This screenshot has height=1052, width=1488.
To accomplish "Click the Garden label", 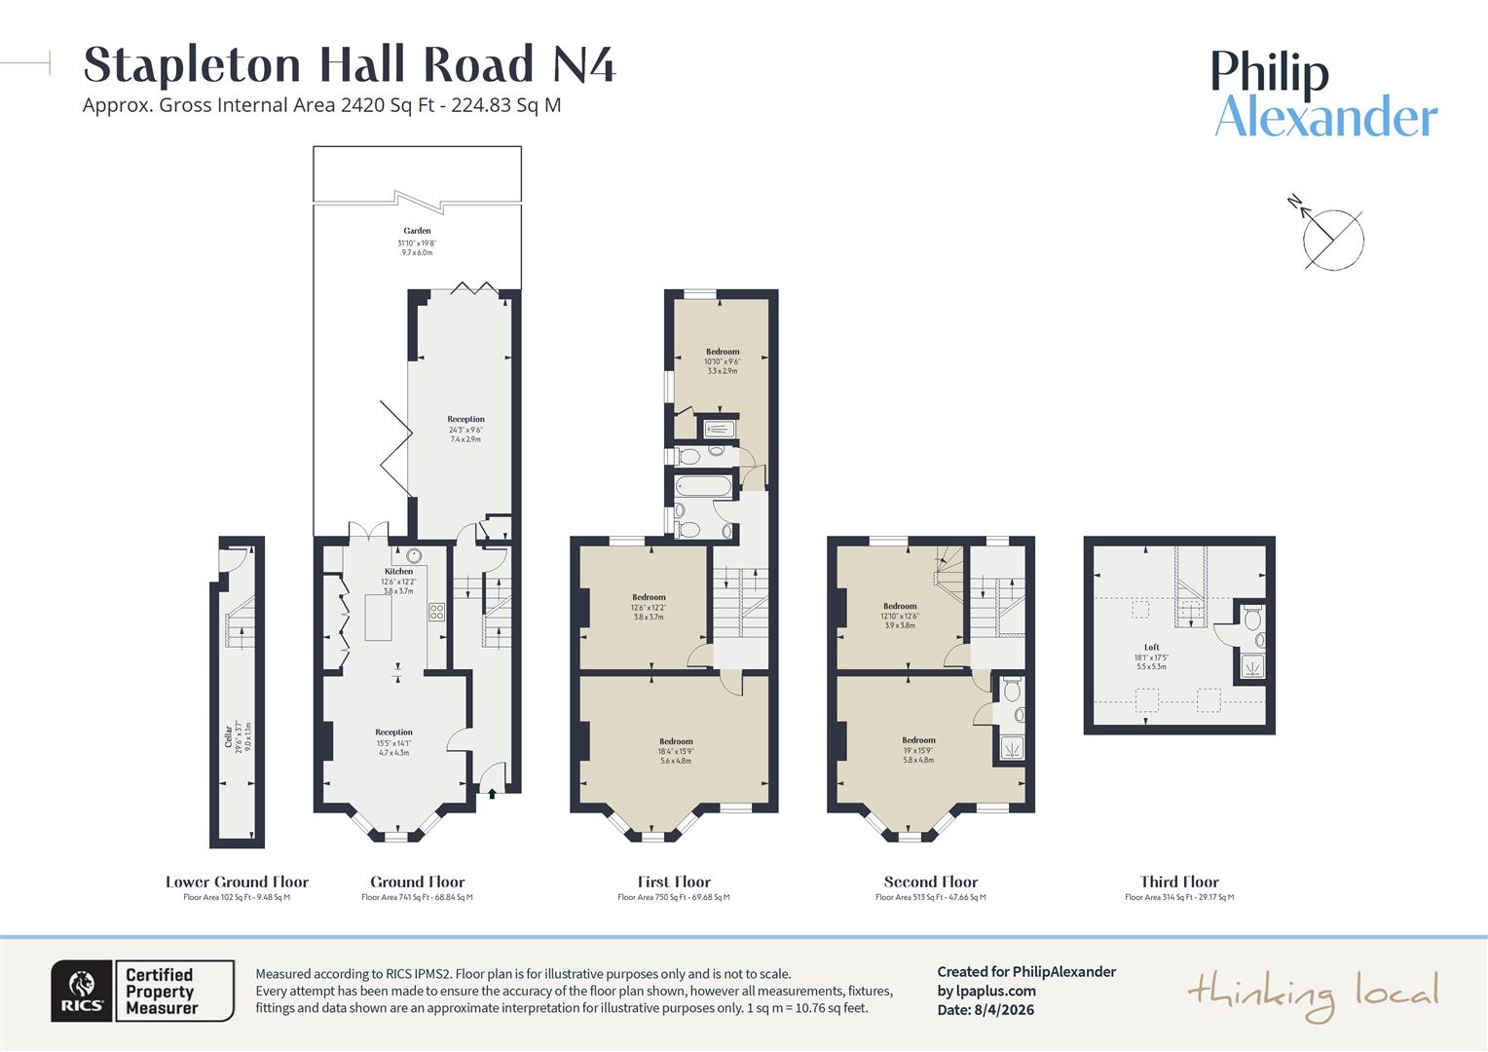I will click(417, 232).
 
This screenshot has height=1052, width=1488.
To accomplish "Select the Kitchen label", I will click(397, 572).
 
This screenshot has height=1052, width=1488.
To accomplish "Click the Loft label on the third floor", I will click(1151, 647).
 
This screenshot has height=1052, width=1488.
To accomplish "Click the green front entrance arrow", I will click(492, 794).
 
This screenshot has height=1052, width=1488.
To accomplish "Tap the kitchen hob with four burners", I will click(437, 613).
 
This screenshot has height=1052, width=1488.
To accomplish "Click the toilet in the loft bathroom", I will click(1253, 617).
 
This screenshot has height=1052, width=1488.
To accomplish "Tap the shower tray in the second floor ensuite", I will click(1010, 748).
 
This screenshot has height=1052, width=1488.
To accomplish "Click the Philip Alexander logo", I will click(1324, 94).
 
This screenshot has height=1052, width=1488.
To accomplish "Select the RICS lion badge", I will click(83, 991).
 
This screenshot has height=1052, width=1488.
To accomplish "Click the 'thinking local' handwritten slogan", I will click(1312, 995).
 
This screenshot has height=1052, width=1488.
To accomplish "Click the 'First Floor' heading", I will click(674, 882).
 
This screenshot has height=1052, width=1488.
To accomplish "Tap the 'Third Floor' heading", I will click(1179, 882).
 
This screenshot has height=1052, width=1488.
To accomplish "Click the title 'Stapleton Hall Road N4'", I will click(350, 64).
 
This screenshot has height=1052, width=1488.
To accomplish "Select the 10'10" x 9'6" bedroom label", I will click(723, 360).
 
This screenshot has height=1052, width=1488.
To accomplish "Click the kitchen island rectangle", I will click(379, 618).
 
